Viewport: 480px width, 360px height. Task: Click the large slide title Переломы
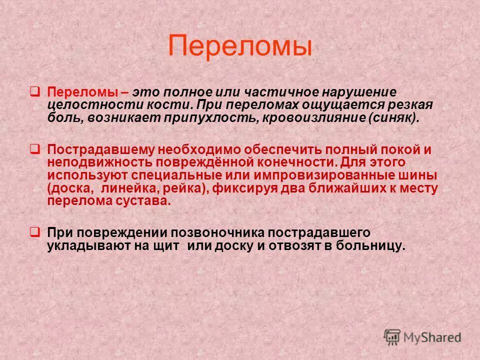[240, 46]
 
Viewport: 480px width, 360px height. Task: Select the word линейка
[125, 189]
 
